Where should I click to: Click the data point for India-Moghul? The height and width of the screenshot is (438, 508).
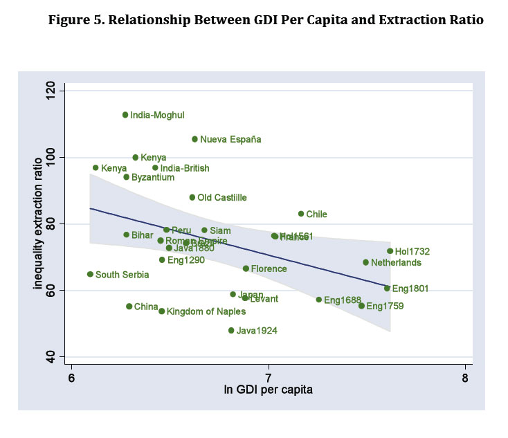(x=125, y=115)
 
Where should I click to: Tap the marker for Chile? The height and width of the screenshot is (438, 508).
(x=301, y=214)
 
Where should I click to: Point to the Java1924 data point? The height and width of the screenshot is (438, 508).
(x=231, y=331)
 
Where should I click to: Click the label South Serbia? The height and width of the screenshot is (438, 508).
(x=121, y=275)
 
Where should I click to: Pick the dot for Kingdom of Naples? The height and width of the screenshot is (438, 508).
(x=162, y=311)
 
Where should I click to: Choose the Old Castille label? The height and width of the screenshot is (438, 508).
(x=222, y=198)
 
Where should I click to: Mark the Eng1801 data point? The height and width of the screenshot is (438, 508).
(x=388, y=288)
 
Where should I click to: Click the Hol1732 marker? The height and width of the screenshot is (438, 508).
(x=390, y=251)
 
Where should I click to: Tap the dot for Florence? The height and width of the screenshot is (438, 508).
(x=246, y=268)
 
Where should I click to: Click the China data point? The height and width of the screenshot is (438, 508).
(x=129, y=307)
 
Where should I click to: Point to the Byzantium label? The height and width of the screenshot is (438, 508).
(x=153, y=178)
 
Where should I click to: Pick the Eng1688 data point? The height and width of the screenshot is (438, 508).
(x=319, y=300)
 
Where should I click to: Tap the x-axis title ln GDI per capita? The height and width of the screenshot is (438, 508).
(x=268, y=390)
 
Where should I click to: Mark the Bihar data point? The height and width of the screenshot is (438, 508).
(x=127, y=235)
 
